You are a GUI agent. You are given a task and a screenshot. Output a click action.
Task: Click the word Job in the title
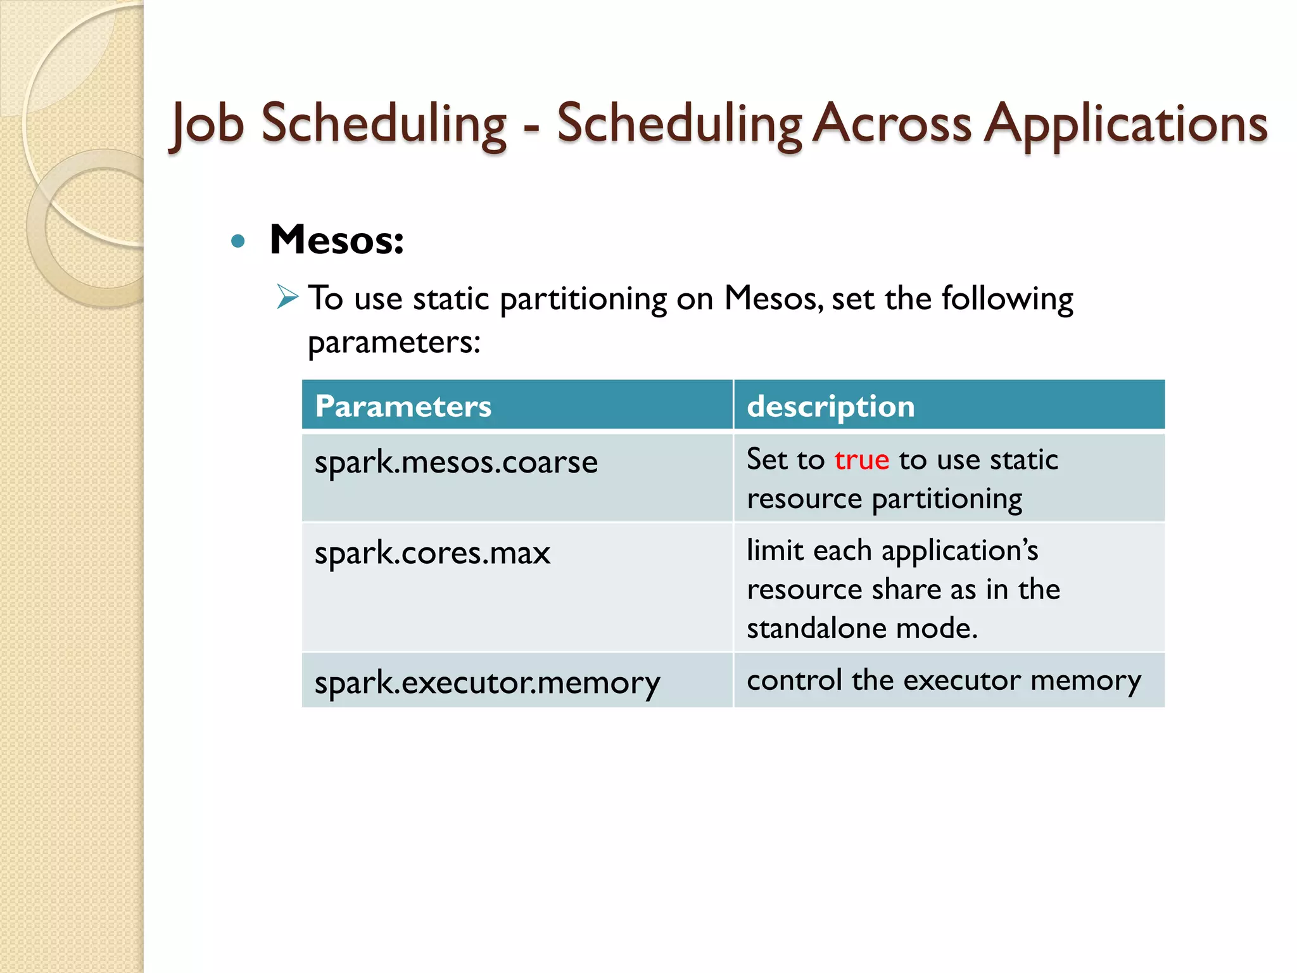pyautogui.click(x=208, y=124)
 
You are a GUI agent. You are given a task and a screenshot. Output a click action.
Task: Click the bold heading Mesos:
pyautogui.click(x=336, y=240)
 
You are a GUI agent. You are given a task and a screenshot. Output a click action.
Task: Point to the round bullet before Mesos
pyautogui.click(x=238, y=241)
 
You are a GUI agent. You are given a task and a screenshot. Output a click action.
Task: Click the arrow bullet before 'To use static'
pyautogui.click(x=288, y=296)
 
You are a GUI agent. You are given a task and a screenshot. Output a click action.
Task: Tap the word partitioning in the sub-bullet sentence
pyautogui.click(x=583, y=299)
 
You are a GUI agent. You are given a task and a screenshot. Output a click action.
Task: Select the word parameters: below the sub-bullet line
pyautogui.click(x=394, y=343)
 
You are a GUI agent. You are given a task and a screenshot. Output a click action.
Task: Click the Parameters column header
pyautogui.click(x=403, y=406)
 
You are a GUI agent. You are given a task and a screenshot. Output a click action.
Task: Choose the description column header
pyautogui.click(x=830, y=406)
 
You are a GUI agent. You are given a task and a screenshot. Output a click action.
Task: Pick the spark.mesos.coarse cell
pyautogui.click(x=456, y=462)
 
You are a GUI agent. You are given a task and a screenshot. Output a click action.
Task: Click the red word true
pyautogui.click(x=861, y=459)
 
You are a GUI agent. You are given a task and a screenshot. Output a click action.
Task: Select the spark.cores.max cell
pyautogui.click(x=433, y=553)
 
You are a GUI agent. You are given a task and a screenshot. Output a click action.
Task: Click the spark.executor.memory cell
pyautogui.click(x=487, y=683)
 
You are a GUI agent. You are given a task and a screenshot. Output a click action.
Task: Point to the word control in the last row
pyautogui.click(x=794, y=680)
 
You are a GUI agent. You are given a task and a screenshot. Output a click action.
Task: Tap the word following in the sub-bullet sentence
pyautogui.click(x=1007, y=298)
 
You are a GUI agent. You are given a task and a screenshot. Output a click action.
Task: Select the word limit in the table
pyautogui.click(x=775, y=550)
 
